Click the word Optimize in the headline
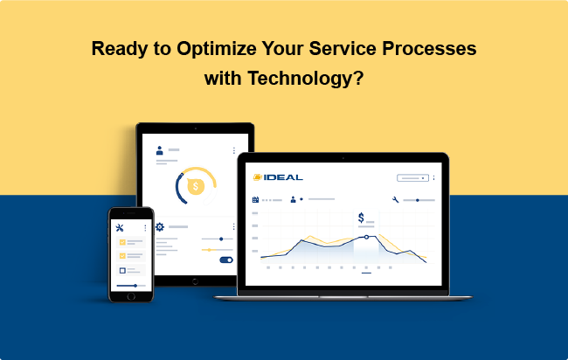[x=217, y=49]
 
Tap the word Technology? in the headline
[x=305, y=79]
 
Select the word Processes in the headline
[x=429, y=49]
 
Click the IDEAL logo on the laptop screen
[x=278, y=177]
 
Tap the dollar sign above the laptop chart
[x=361, y=218]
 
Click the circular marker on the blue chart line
[x=366, y=237]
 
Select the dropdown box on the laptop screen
[x=412, y=178]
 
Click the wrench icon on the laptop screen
[x=396, y=199]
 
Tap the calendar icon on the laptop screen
[x=255, y=199]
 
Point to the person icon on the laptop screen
[x=293, y=199]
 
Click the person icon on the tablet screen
[x=159, y=150]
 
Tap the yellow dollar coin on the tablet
[x=196, y=186]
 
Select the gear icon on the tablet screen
[x=160, y=226]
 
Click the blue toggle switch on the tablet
[x=226, y=260]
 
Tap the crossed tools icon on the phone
[x=120, y=228]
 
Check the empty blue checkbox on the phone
[x=122, y=271]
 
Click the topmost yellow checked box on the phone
[x=122, y=242]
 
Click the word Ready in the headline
[x=120, y=49]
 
